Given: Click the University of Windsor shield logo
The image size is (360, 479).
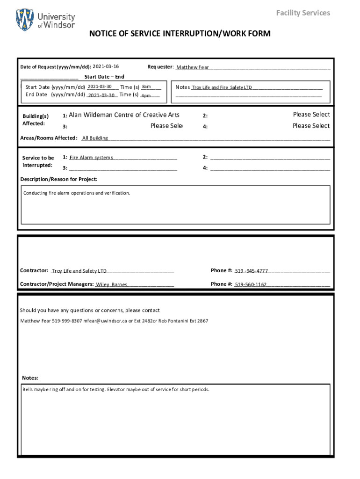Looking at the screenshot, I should [25, 20].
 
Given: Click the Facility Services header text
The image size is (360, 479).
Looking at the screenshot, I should [302, 13].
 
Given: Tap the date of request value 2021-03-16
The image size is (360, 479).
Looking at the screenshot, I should [106, 67].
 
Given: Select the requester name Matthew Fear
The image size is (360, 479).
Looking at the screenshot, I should [193, 67].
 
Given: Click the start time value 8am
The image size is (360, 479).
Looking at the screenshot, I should [146, 87].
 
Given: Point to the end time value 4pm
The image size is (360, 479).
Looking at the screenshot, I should [146, 95].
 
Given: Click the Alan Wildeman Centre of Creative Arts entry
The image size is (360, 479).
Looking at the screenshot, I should [124, 115].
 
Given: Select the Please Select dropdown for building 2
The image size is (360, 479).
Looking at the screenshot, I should [311, 115].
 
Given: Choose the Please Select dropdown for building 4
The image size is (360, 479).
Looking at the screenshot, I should [311, 126].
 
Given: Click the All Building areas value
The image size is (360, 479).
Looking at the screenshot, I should [95, 138].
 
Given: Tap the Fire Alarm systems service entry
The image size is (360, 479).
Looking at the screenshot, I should [91, 158].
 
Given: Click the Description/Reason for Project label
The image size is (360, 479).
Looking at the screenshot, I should [58, 179].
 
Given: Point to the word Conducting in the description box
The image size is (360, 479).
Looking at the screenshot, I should [35, 193].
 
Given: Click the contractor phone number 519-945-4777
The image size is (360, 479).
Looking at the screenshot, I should [251, 271].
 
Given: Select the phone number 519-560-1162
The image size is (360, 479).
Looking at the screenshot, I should [251, 284].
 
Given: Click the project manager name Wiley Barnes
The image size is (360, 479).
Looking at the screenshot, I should [111, 284].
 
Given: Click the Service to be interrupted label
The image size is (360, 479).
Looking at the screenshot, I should [38, 162].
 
